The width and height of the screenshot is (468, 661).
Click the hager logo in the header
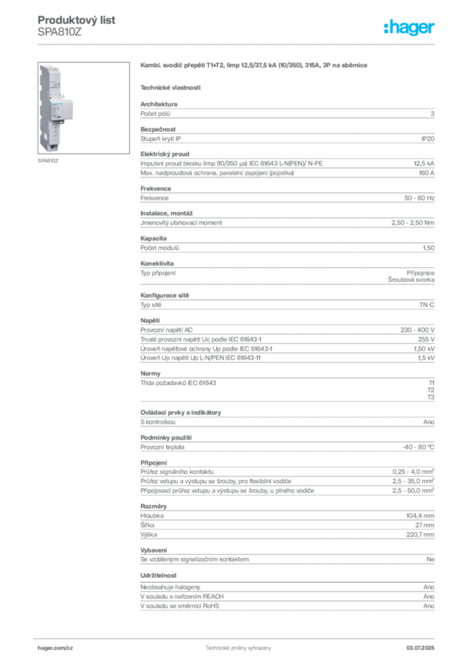point(409,28)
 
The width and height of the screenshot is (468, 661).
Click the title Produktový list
point(76,20)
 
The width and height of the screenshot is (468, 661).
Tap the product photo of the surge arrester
point(83,108)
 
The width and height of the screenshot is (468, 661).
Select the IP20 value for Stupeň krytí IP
point(427,139)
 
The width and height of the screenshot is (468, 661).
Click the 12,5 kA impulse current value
point(423,163)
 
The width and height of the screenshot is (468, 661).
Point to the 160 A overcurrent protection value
point(426,173)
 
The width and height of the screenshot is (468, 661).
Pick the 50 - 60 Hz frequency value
point(419,198)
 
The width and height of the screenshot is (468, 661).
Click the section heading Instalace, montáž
point(166,213)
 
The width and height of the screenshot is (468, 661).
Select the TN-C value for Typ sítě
point(427,305)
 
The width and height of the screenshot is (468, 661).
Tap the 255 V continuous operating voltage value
point(426,340)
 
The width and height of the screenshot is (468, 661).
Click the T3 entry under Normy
point(431,397)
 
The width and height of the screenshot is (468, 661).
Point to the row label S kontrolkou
point(158,422)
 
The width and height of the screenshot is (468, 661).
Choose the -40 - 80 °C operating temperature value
point(418,447)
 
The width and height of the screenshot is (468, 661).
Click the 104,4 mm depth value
point(420,516)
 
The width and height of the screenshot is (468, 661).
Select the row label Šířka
point(147,525)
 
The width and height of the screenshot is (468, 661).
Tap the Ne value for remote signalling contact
point(430,560)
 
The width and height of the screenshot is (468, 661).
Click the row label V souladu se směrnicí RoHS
point(180,605)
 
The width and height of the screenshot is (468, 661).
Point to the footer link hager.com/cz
point(56,648)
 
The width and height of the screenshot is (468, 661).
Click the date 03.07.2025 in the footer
point(420,648)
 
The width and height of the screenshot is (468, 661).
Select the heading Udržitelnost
point(158,575)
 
